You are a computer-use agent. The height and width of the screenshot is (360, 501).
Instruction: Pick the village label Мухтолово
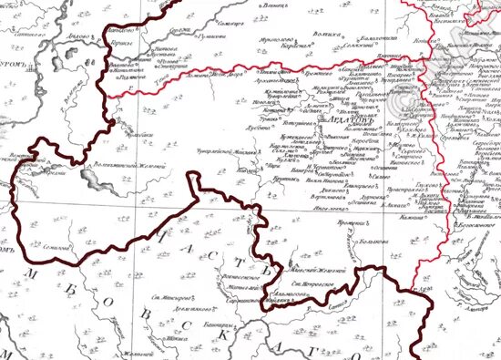277,39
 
